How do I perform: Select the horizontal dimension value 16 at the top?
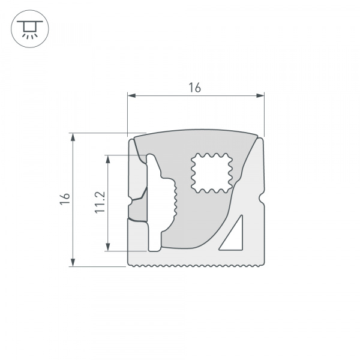pyautogui.click(x=194, y=87)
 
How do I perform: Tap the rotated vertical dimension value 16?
pyautogui.click(x=65, y=199)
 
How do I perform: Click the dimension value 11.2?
pyautogui.click(x=100, y=202)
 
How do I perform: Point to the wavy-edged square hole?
pyautogui.click(x=212, y=173)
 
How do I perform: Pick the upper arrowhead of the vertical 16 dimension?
pyautogui.click(x=73, y=137)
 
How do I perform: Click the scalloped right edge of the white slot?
pyautogui.click(x=175, y=201)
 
